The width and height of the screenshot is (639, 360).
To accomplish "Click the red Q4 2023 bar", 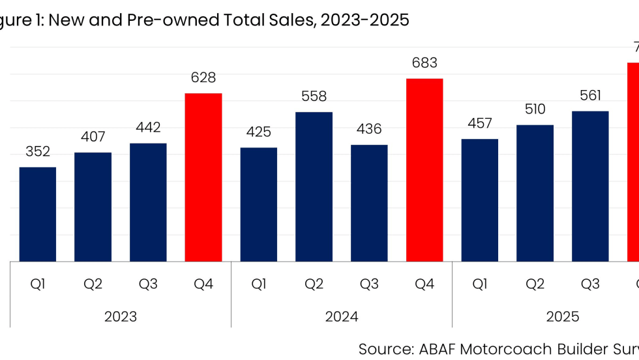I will click(x=203, y=177).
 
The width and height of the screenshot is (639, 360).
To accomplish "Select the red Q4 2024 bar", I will click(x=424, y=170).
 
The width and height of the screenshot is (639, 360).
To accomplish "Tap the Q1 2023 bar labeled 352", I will click(x=38, y=215).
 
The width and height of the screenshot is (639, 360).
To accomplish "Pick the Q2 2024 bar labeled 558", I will click(x=314, y=187).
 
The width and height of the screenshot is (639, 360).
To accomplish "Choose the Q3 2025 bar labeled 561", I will click(x=590, y=187).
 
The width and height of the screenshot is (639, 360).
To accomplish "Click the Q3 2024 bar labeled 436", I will click(x=369, y=203).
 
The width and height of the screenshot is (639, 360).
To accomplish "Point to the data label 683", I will click(x=424, y=63).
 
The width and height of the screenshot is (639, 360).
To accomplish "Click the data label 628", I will click(x=203, y=78).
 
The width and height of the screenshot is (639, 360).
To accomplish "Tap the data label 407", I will click(x=93, y=137).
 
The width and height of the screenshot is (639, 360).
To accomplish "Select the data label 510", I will click(x=535, y=110).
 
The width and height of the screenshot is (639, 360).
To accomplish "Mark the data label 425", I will click(x=259, y=132).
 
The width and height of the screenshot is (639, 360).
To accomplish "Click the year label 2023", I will click(x=121, y=317).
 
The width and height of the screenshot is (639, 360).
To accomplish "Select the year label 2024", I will click(x=342, y=317).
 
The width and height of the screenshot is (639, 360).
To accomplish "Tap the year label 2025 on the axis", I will click(x=563, y=317).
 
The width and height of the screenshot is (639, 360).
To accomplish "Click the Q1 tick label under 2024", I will click(x=259, y=284).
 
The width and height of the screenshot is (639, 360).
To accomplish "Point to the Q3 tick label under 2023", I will click(x=148, y=284).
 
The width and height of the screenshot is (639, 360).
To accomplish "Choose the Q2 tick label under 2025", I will click(x=535, y=284).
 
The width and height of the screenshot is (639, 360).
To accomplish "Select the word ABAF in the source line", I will click(x=435, y=348).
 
